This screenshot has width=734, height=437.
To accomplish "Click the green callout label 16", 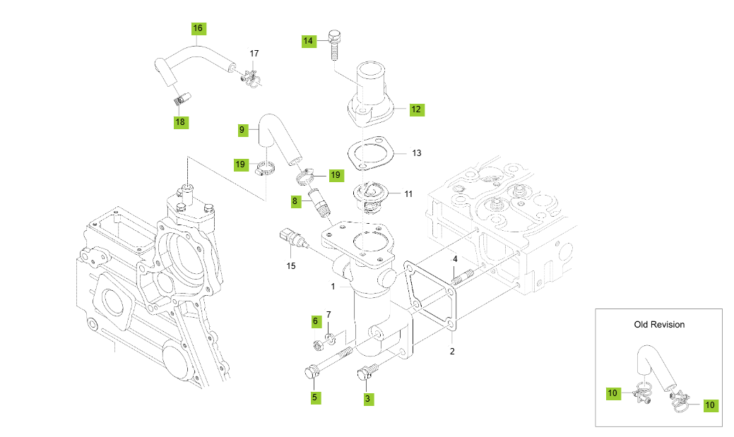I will click(198, 28).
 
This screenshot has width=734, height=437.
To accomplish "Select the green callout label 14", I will click(308, 41).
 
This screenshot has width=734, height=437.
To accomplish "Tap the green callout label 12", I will click(416, 109).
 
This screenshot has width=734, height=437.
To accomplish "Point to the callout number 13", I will click(416, 153).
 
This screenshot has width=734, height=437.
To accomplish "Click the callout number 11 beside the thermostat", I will click(408, 193).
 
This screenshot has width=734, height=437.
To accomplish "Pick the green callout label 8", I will click(295, 201).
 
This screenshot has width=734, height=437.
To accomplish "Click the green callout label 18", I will click(180, 122).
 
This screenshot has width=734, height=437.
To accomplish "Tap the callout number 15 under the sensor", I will click(290, 266).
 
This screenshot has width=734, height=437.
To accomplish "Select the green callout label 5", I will click(314, 397).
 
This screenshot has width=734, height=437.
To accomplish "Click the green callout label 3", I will click(367, 399).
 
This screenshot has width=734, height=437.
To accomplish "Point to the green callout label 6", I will click(316, 321).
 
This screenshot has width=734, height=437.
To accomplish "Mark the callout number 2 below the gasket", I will click(452, 351).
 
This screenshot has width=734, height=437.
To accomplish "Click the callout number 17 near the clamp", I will click(254, 54).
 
